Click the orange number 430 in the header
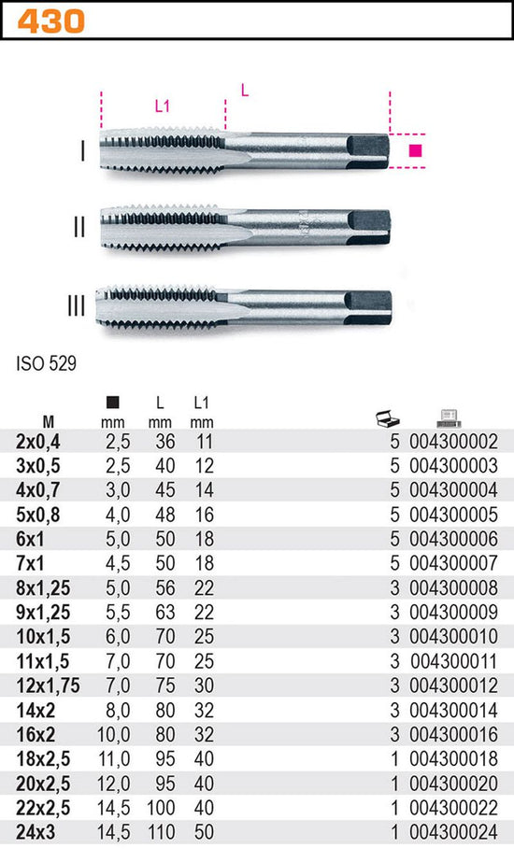click(x=50, y=21)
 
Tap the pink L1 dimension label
click(x=162, y=106)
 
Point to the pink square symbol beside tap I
click(x=416, y=150)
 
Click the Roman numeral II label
click(x=79, y=227)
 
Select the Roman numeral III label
click(x=77, y=306)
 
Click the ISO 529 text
click(x=46, y=363)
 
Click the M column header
click(x=49, y=422)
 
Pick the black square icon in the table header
click(x=112, y=403)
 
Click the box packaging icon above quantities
click(x=388, y=419)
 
